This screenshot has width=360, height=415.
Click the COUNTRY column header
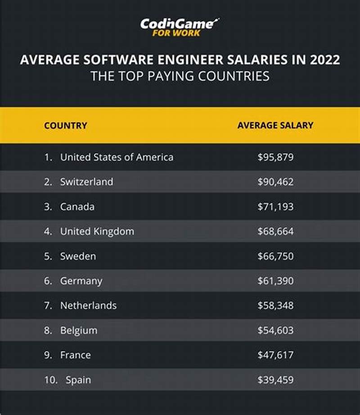(x=65, y=125)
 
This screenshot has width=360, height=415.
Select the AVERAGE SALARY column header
(x=275, y=125)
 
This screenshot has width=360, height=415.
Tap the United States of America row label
(x=117, y=157)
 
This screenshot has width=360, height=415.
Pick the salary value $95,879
(x=275, y=157)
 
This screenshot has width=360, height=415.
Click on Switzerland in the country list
(x=86, y=182)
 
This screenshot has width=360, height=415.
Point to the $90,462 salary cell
(x=275, y=182)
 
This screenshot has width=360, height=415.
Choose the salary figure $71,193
(x=275, y=206)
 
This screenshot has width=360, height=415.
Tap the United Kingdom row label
(x=97, y=232)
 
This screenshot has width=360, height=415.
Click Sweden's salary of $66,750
(x=275, y=256)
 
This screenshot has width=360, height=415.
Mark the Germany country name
(x=81, y=281)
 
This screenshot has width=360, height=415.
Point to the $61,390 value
(x=275, y=281)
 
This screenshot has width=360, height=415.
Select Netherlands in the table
(x=88, y=306)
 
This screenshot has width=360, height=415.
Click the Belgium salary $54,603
(x=275, y=330)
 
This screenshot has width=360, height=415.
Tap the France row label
(x=75, y=355)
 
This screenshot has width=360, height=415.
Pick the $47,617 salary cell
(x=275, y=355)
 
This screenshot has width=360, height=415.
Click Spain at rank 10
(x=78, y=380)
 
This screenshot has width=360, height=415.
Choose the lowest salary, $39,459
(x=275, y=380)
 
